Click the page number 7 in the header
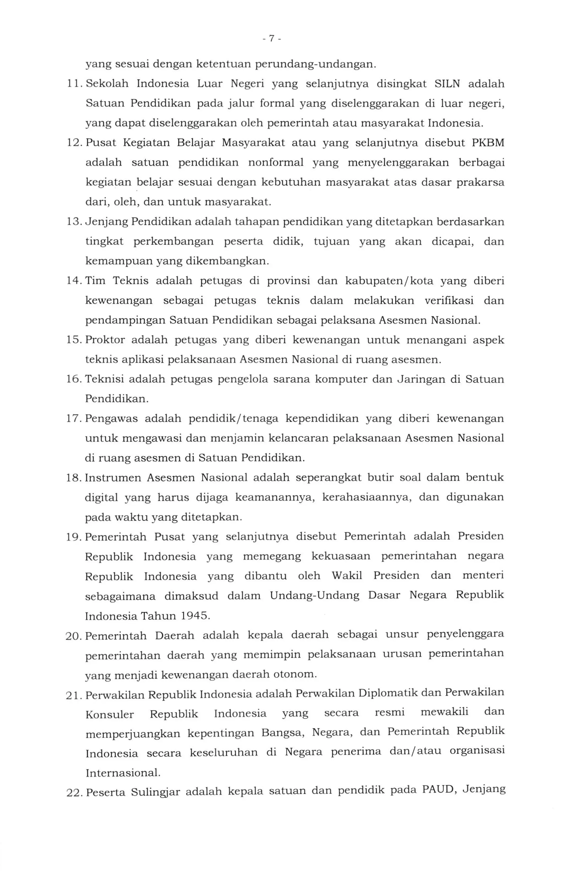pos(272,38)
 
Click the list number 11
pos(74,84)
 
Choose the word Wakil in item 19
pos(347,576)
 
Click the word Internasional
pos(123,773)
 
